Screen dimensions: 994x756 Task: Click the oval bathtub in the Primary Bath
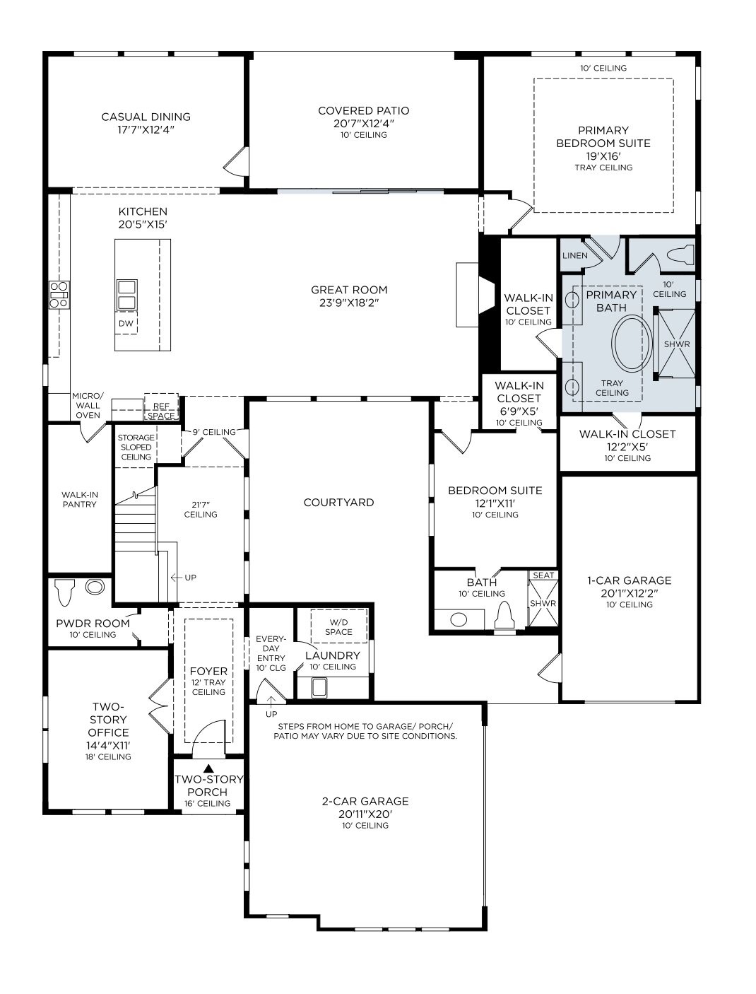click(631, 344)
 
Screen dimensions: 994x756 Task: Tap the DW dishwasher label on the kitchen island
click(126, 324)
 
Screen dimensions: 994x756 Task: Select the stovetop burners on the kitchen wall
click(59, 294)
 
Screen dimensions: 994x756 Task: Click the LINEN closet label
click(574, 255)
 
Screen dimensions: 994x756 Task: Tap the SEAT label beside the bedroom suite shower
click(543, 575)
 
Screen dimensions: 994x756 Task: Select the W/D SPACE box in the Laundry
click(338, 626)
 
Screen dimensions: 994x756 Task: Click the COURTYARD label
click(338, 503)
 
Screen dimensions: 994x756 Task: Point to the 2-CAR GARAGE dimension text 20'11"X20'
click(365, 814)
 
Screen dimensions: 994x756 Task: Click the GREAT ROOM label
click(349, 290)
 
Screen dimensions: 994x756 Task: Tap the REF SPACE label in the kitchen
click(161, 411)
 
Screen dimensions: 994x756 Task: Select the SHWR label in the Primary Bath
click(677, 344)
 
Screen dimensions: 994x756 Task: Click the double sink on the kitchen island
click(127, 295)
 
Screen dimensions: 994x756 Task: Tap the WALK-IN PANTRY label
click(79, 500)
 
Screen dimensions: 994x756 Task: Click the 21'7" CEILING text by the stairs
click(201, 509)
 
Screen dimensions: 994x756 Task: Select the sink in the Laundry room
click(319, 686)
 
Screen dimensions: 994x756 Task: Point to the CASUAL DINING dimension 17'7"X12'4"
click(146, 130)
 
